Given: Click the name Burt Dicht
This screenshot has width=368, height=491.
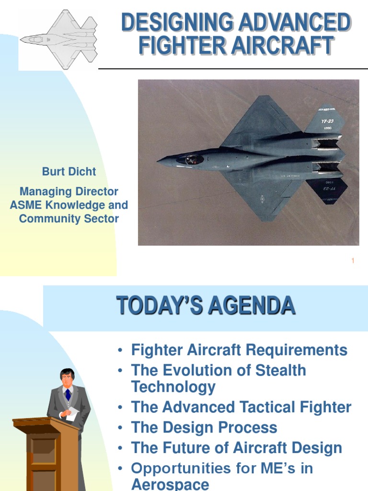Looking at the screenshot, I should pos(69,172).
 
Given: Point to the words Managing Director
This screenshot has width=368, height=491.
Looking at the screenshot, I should pos(69,192).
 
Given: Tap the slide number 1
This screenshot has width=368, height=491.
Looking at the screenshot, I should pos(353,261).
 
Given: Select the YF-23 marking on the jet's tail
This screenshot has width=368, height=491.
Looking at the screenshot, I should pos(327,121).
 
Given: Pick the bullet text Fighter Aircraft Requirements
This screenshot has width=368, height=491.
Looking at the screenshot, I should pos(239,350).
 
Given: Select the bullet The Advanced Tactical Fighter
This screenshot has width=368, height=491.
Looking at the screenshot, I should pos(241,407).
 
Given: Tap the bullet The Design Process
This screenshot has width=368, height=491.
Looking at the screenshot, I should pos(204,427).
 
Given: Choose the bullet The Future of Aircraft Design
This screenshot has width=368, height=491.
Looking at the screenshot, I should pos(237,448).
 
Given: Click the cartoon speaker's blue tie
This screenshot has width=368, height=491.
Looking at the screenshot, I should pos(68,394).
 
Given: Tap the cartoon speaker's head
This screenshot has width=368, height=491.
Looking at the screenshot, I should pos(67,377).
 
